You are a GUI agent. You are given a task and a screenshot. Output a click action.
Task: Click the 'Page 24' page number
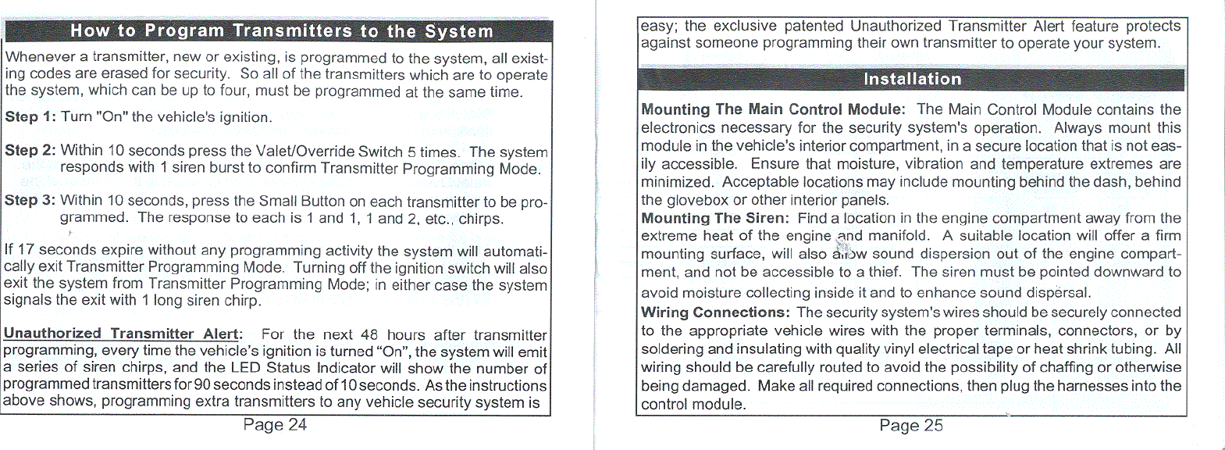tap(275, 425)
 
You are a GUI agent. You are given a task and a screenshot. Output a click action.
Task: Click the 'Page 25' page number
tap(910, 426)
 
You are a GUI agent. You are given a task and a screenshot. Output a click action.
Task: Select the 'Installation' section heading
tap(912, 79)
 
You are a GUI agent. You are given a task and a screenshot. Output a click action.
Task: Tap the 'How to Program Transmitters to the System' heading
tap(281, 31)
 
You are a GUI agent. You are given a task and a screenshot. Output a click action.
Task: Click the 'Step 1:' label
tap(30, 117)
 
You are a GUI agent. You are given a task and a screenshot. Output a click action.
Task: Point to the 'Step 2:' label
tap(30, 150)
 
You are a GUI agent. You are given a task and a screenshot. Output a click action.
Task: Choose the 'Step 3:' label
tap(30, 200)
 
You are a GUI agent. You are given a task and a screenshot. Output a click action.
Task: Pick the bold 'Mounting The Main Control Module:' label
tap(773, 109)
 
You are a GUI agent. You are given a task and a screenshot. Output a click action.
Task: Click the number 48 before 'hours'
tap(369, 334)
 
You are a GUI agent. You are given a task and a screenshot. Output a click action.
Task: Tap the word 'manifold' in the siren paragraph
tap(899, 236)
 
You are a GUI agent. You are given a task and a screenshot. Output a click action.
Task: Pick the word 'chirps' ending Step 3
tap(480, 218)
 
